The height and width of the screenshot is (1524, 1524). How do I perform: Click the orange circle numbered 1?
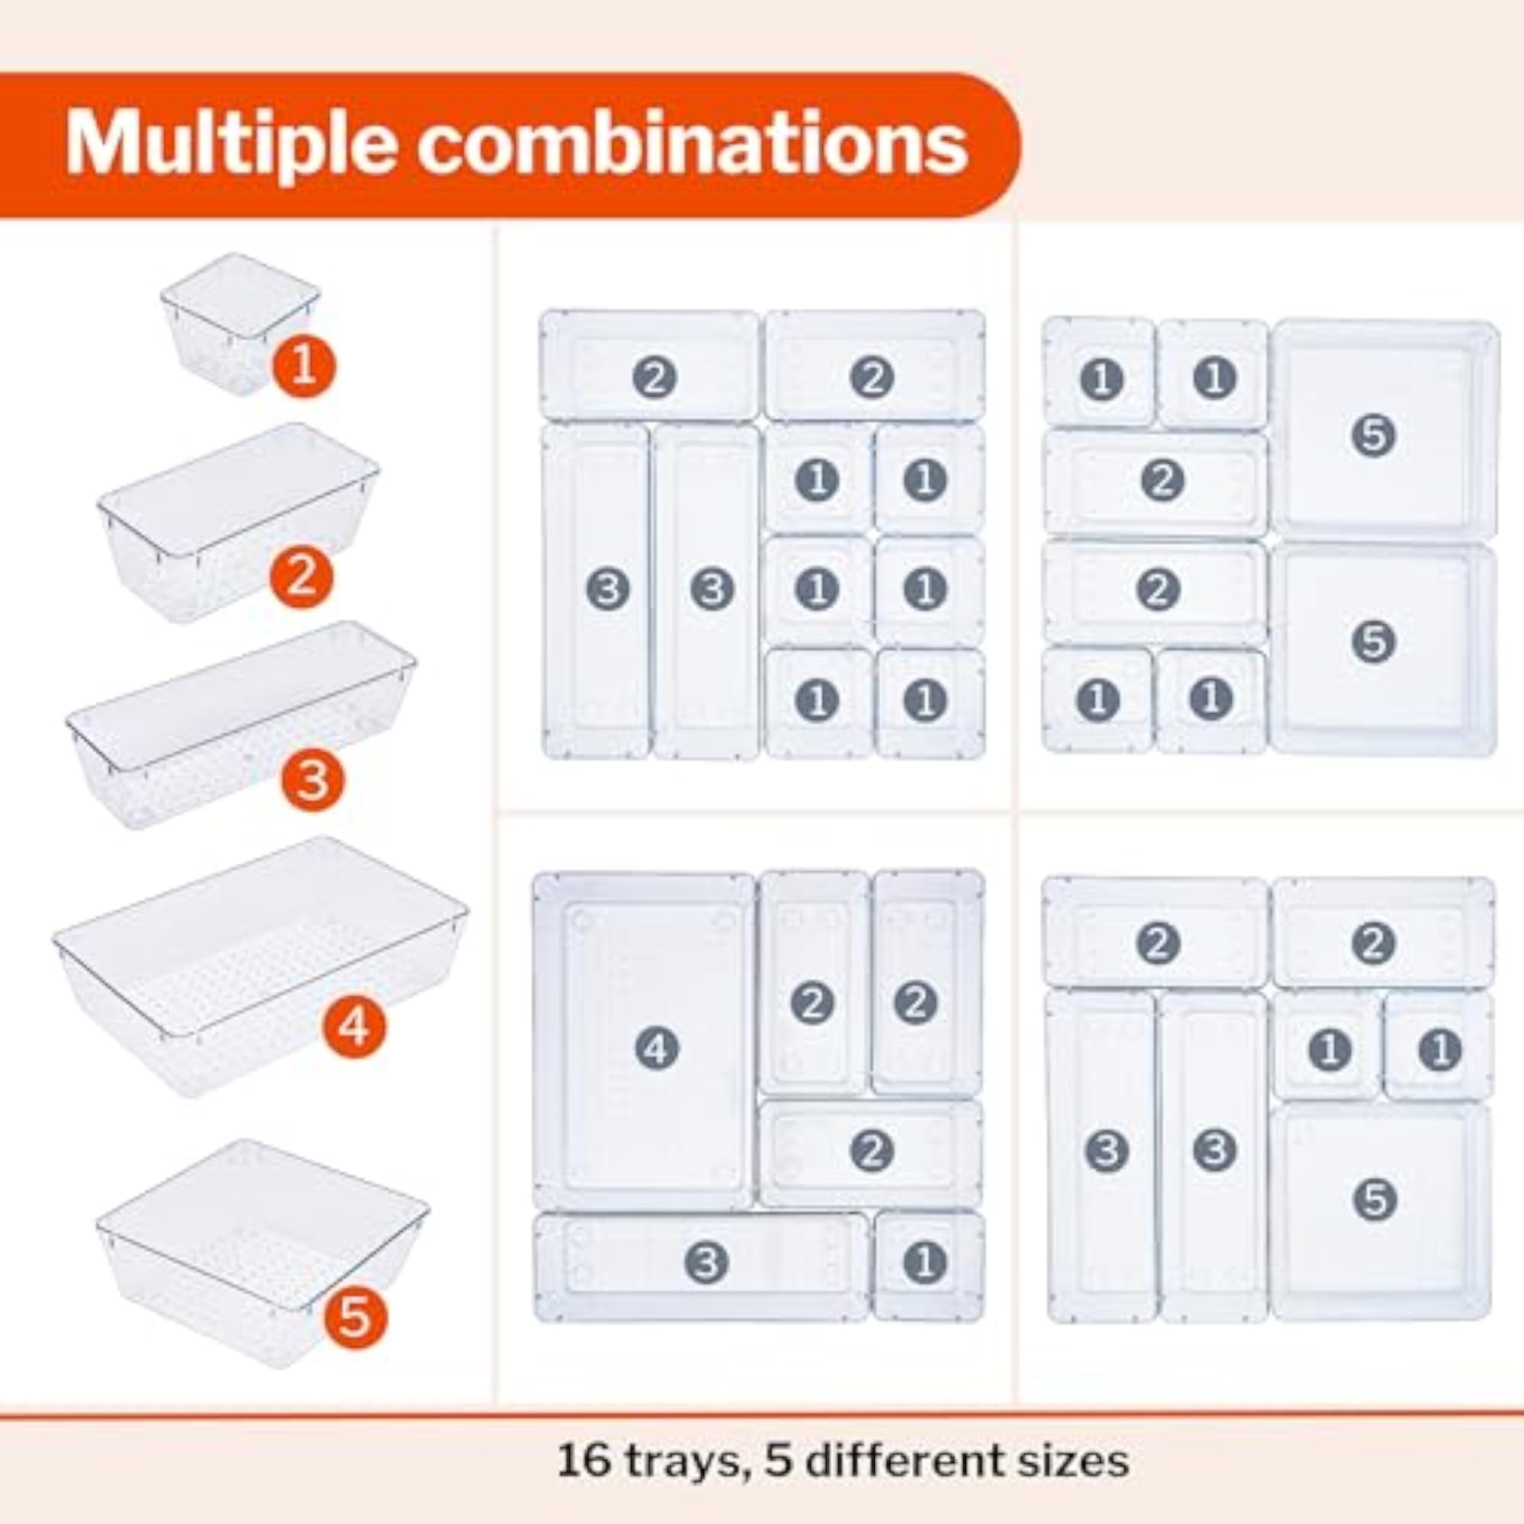coord(304,367)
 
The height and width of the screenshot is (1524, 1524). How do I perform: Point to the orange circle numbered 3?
coord(313,780)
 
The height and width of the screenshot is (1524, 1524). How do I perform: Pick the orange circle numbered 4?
coord(354,1026)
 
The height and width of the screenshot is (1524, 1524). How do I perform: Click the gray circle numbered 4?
coord(656,1049)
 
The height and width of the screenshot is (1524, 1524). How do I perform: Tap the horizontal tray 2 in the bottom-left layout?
coord(871,1152)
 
